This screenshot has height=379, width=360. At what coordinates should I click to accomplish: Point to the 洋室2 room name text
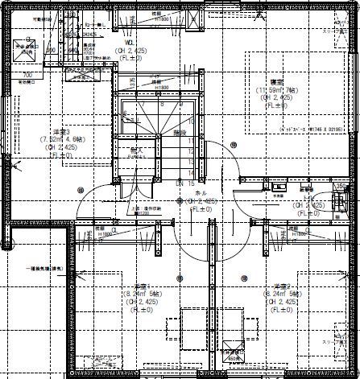(281, 287)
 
